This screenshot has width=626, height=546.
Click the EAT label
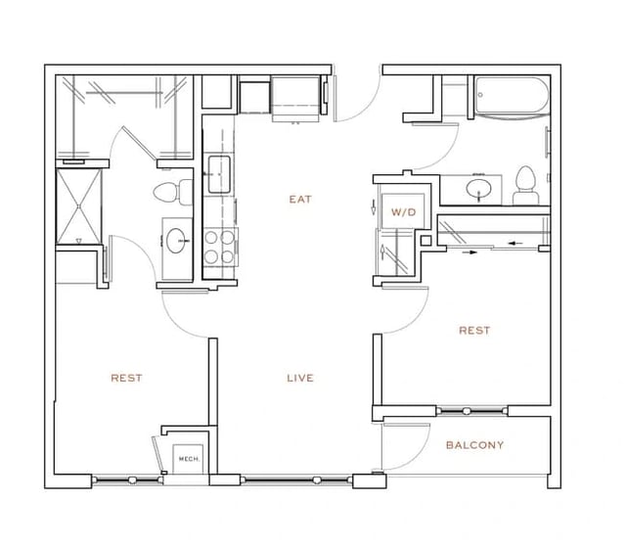[x=299, y=200]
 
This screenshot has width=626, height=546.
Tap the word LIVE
[x=299, y=378]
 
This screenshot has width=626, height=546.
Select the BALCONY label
[x=474, y=445]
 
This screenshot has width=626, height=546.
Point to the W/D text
[x=403, y=211]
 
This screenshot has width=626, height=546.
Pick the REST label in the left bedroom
[x=126, y=378]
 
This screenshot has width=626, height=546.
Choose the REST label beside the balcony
[x=474, y=331]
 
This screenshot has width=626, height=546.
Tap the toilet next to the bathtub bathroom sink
[x=526, y=186]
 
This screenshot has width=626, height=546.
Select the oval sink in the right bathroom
[x=479, y=188]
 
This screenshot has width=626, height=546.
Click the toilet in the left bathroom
[x=166, y=190]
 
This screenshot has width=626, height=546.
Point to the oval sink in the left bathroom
[x=177, y=238]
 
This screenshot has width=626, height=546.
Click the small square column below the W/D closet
[x=425, y=241]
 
